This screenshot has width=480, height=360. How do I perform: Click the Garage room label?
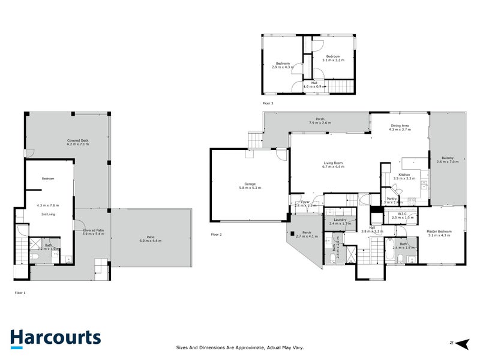pos(248,184)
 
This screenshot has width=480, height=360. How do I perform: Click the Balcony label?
pos(448,158)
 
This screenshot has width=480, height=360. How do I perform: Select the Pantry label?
pos(392,198)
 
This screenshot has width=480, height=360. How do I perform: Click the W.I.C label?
pos(399,214)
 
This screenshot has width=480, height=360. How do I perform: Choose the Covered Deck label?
pos(77,140)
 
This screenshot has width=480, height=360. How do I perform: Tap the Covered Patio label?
pos(93,230)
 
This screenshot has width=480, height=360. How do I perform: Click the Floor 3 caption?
pos(268,103)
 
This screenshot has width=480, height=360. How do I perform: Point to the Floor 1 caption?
pos(20,292)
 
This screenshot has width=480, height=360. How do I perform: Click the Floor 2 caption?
pos(217,233)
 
